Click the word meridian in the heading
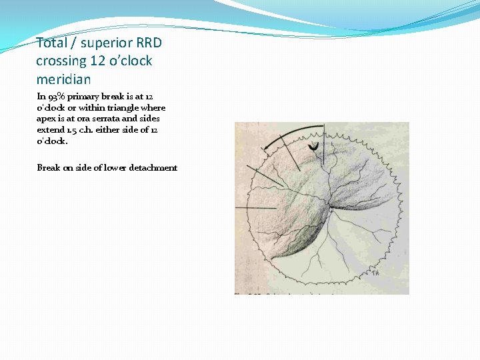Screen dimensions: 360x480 click(63, 79)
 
